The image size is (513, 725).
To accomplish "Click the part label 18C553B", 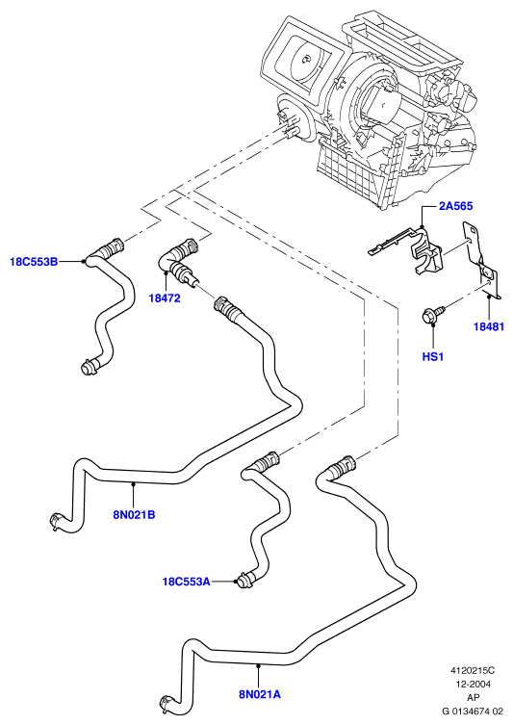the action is (34, 262).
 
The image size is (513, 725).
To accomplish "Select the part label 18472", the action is (165, 298).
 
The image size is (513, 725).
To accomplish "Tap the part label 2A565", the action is (455, 206).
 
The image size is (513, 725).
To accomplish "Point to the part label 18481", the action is (489, 327).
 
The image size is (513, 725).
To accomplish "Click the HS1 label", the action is (432, 357).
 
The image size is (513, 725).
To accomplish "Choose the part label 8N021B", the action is (134, 514).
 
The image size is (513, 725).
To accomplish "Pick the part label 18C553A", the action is (187, 582).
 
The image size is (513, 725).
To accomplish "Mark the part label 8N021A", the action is (260, 694).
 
